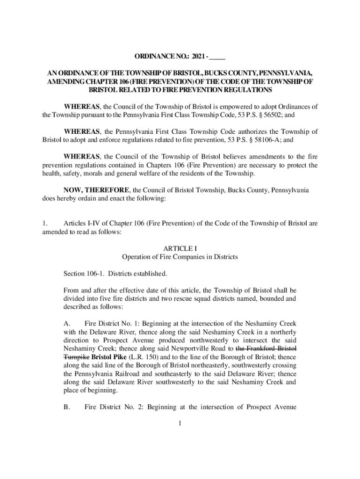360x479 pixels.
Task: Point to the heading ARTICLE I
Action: pos(180,249)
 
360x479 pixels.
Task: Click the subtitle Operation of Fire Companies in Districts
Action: pos(180,257)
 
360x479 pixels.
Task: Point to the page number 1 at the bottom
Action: pos(180,424)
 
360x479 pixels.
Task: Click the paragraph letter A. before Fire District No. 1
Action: pos(67,323)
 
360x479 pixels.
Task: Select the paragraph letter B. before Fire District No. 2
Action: pos(67,407)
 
